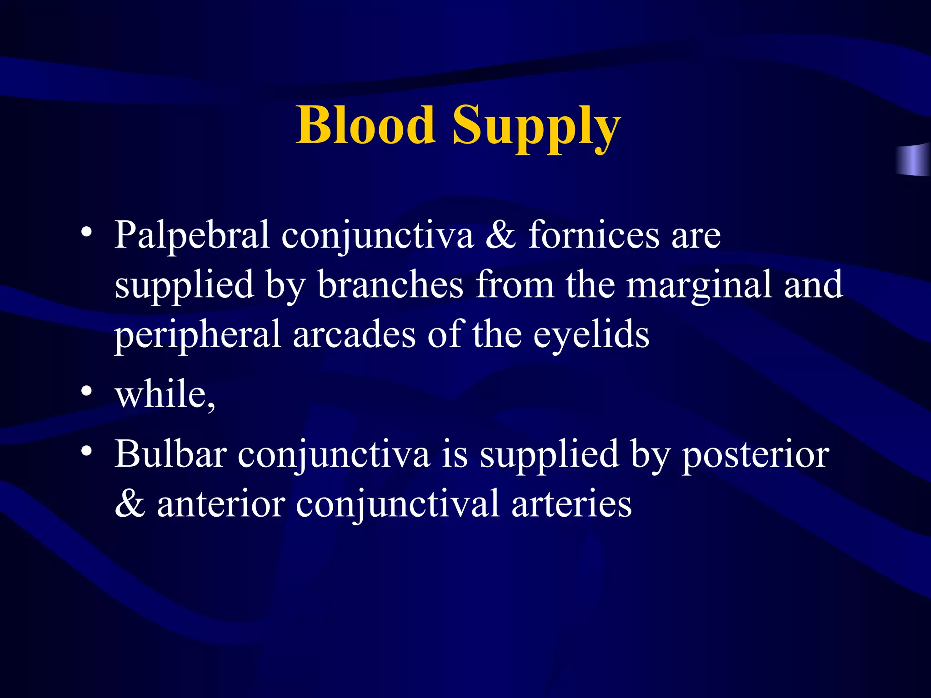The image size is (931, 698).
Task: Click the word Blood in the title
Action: point(365,125)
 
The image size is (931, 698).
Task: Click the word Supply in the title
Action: point(536,127)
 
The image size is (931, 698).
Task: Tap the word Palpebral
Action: point(192,235)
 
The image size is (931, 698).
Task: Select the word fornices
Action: point(593,235)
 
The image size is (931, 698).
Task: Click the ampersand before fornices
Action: point(501,235)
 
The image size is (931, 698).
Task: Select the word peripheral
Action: point(197,335)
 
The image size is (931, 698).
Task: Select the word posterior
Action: point(755,454)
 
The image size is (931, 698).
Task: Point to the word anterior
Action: point(221,504)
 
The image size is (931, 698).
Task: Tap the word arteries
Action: point(571,504)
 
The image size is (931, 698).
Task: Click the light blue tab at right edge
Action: point(914,160)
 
